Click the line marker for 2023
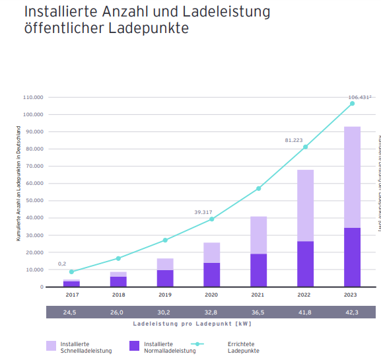pyautogui.click(x=352, y=104)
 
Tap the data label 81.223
pyautogui.click(x=294, y=140)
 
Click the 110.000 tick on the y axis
pyautogui.click(x=32, y=97)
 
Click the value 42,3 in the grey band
pyautogui.click(x=352, y=312)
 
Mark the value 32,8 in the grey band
pyautogui.click(x=211, y=312)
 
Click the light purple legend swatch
pyautogui.click(x=51, y=345)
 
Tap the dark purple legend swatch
pyautogui.click(x=134, y=345)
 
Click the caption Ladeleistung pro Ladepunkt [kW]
pyautogui.click(x=191, y=324)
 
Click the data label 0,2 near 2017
pyautogui.click(x=62, y=264)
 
